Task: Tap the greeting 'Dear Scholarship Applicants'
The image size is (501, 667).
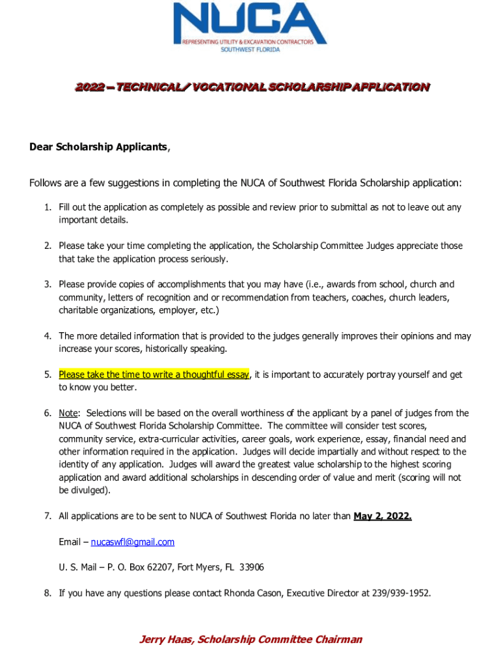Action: coord(98,147)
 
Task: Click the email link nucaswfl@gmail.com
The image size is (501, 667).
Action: coord(133,542)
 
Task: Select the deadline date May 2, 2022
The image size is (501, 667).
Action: coord(383,517)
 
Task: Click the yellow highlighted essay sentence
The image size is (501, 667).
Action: coord(154,375)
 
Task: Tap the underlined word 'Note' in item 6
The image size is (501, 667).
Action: coord(68,414)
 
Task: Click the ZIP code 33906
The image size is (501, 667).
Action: coord(252,567)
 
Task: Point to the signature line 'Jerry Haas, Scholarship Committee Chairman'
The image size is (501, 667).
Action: coord(251,640)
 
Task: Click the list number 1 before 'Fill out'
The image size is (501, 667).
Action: coord(47,208)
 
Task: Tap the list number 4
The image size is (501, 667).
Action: coord(47,336)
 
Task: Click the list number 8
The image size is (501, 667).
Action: coord(47,593)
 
